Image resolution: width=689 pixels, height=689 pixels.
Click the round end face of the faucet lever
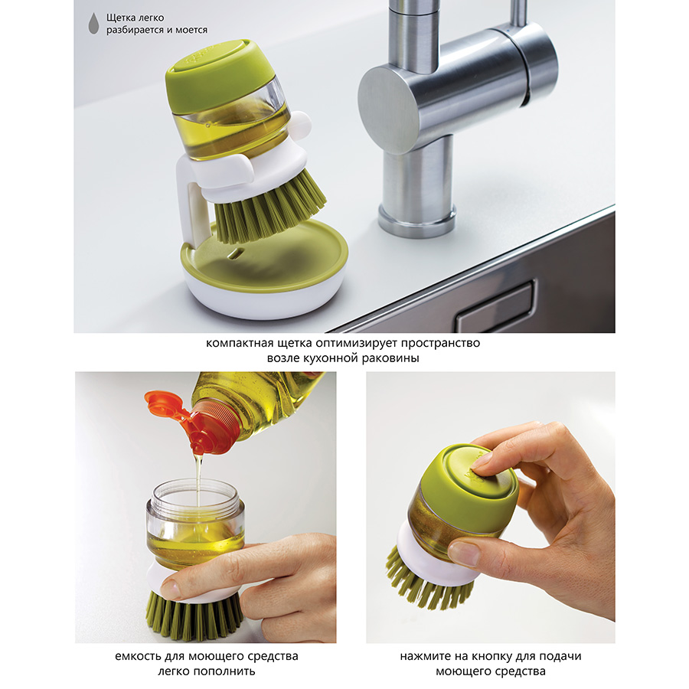pos(389,108)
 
